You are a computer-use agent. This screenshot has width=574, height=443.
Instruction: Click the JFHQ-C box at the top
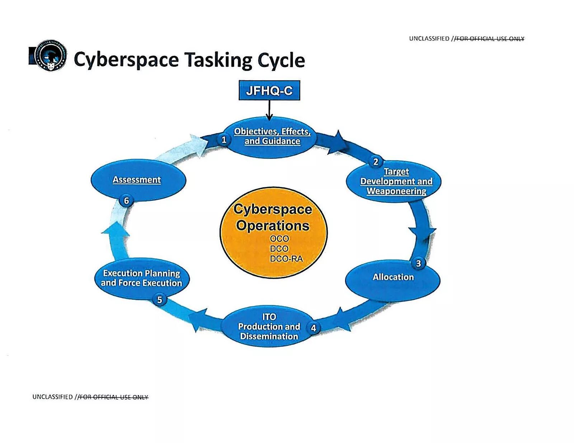(269, 90)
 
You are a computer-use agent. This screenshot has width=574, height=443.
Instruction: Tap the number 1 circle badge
(224, 140)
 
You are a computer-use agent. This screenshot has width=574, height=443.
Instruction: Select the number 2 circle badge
(376, 162)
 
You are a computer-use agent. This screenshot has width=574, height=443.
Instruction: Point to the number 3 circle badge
(418, 264)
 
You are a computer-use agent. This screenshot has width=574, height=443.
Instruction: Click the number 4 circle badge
(314, 328)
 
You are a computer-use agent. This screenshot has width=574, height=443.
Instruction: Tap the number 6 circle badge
(126, 201)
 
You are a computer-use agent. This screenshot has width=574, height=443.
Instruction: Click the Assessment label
(137, 180)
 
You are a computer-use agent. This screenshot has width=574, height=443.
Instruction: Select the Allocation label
(393, 277)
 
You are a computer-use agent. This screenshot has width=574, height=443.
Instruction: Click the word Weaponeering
(396, 191)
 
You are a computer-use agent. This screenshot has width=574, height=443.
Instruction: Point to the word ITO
(269, 317)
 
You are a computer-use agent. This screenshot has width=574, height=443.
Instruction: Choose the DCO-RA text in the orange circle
(286, 259)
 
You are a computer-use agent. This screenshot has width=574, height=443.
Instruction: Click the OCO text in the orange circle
(279, 239)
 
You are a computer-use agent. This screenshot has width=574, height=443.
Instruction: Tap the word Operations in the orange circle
(273, 226)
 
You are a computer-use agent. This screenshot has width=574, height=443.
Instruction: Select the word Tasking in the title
(218, 60)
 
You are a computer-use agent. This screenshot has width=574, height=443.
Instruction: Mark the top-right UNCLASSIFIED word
(429, 38)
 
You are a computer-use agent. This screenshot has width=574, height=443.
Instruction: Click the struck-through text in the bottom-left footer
(113, 397)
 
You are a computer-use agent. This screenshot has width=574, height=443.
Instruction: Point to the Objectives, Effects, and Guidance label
(272, 136)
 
